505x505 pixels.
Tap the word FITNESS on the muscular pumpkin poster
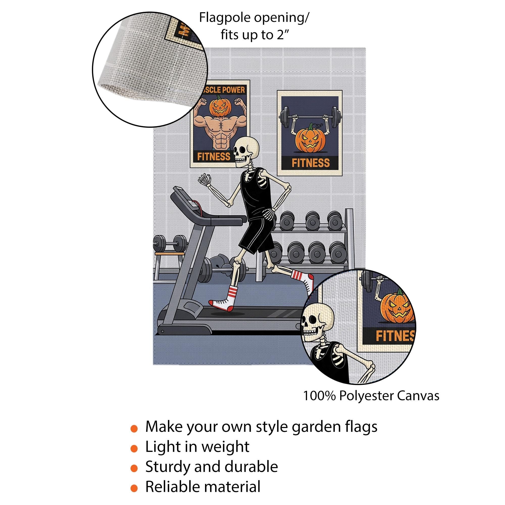(214, 157)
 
